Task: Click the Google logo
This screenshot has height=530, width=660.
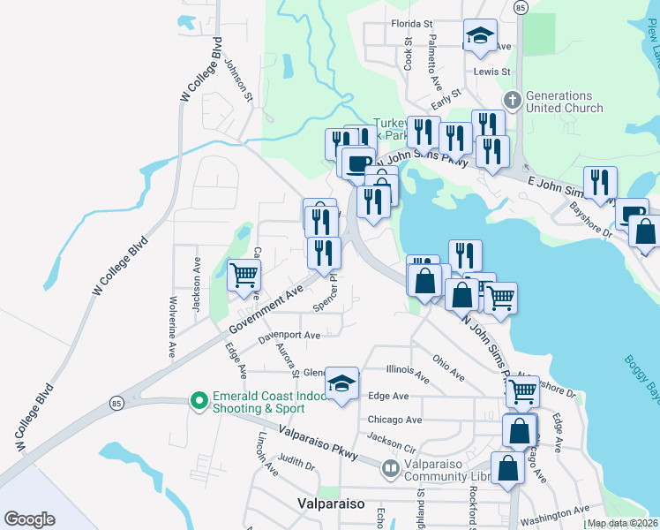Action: [x=29, y=519]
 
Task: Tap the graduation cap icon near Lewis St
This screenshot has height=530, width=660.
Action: [x=480, y=36]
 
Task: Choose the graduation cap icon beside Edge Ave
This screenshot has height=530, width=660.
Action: [x=341, y=383]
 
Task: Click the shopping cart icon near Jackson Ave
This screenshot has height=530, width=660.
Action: [x=244, y=274]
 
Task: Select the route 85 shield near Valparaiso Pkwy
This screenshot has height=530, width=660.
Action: [x=116, y=403]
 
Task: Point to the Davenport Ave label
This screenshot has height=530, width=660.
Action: [x=289, y=336]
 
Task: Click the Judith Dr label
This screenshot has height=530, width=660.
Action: [x=296, y=460]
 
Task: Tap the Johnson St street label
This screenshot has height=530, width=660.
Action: [x=238, y=79]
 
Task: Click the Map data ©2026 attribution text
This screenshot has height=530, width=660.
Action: [x=622, y=523]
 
